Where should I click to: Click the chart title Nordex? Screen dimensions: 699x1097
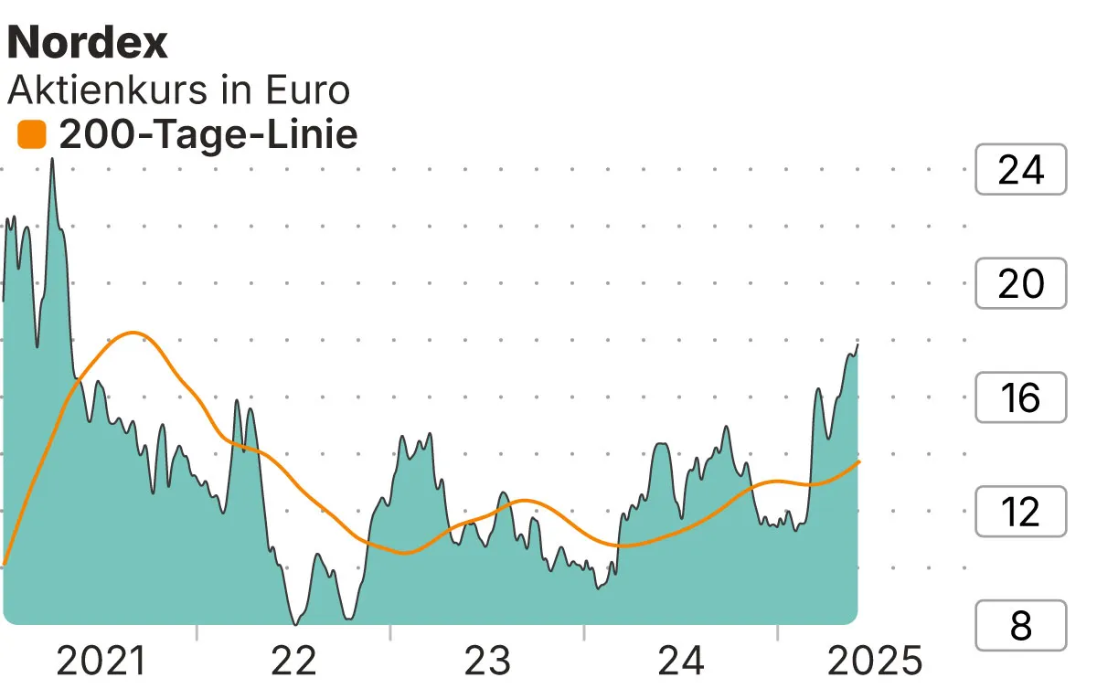[x=88, y=42]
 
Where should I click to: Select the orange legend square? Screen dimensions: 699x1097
[x=32, y=135]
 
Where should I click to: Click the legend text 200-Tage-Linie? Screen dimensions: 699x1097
[x=208, y=135]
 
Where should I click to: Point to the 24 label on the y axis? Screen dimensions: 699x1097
[x=1020, y=170]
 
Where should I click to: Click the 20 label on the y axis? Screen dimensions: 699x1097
[x=1020, y=284]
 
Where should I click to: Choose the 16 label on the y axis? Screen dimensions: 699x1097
[x=1020, y=397]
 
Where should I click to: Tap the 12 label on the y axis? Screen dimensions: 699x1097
[x=1020, y=512]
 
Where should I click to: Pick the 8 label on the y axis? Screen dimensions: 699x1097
[x=1020, y=626]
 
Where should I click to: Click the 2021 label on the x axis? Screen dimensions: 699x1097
[x=101, y=662]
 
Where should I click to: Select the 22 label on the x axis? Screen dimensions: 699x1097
[x=294, y=662]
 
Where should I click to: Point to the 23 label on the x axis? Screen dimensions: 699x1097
[x=487, y=662]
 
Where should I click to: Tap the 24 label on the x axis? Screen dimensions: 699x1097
[x=681, y=662]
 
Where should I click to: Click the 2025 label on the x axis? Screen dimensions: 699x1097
[x=874, y=662]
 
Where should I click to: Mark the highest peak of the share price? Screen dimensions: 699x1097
[x=51, y=159]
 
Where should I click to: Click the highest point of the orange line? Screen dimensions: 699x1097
[x=133, y=332]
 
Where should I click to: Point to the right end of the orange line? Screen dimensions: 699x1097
[x=859, y=461]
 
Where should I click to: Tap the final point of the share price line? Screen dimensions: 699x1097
[x=857, y=344]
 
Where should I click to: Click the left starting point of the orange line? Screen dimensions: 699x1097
[x=5, y=564]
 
